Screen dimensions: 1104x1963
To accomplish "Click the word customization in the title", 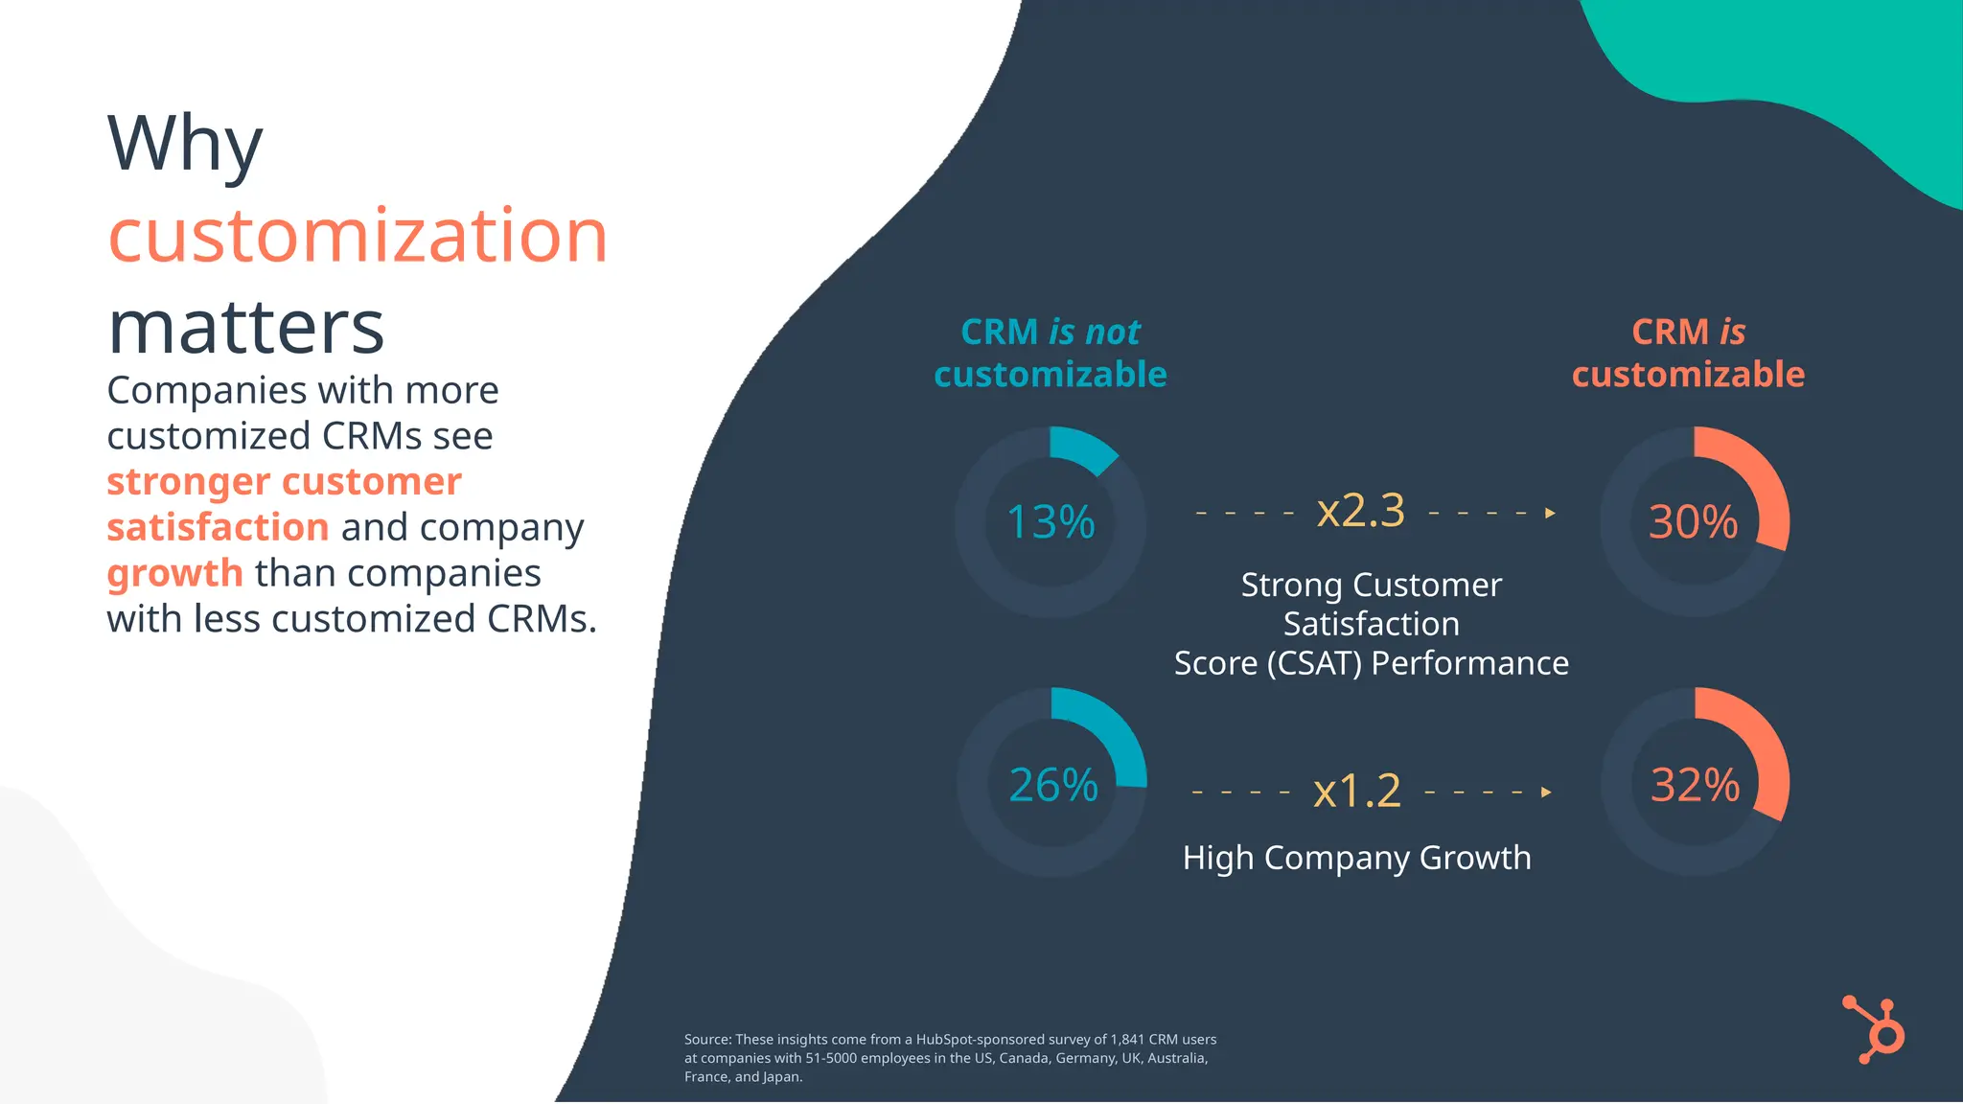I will point(358,237).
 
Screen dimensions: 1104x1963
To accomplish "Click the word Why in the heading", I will point(184,144).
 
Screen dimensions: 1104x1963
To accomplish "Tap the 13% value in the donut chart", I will point(1051,522).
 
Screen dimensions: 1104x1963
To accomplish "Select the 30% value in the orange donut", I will point(1693,522).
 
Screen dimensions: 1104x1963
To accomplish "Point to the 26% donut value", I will point(1052,785).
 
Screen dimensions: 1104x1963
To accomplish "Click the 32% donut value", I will point(1695,785).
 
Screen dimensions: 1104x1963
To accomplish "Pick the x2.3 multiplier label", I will point(1360,511).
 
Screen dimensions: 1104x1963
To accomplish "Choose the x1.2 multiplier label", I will point(1356,792).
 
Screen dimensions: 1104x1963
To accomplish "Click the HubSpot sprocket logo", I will point(1875,1030).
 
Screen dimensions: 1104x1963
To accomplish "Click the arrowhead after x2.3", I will point(1550,513).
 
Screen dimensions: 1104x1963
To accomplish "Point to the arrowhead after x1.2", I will point(1545,793).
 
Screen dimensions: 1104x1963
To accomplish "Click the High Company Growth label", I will point(1356,858).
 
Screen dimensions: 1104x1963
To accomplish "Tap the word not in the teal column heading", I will point(1112,333).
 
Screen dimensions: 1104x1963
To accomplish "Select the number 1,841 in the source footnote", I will point(1127,1040).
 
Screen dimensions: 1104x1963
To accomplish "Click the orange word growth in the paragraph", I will point(174,573).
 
